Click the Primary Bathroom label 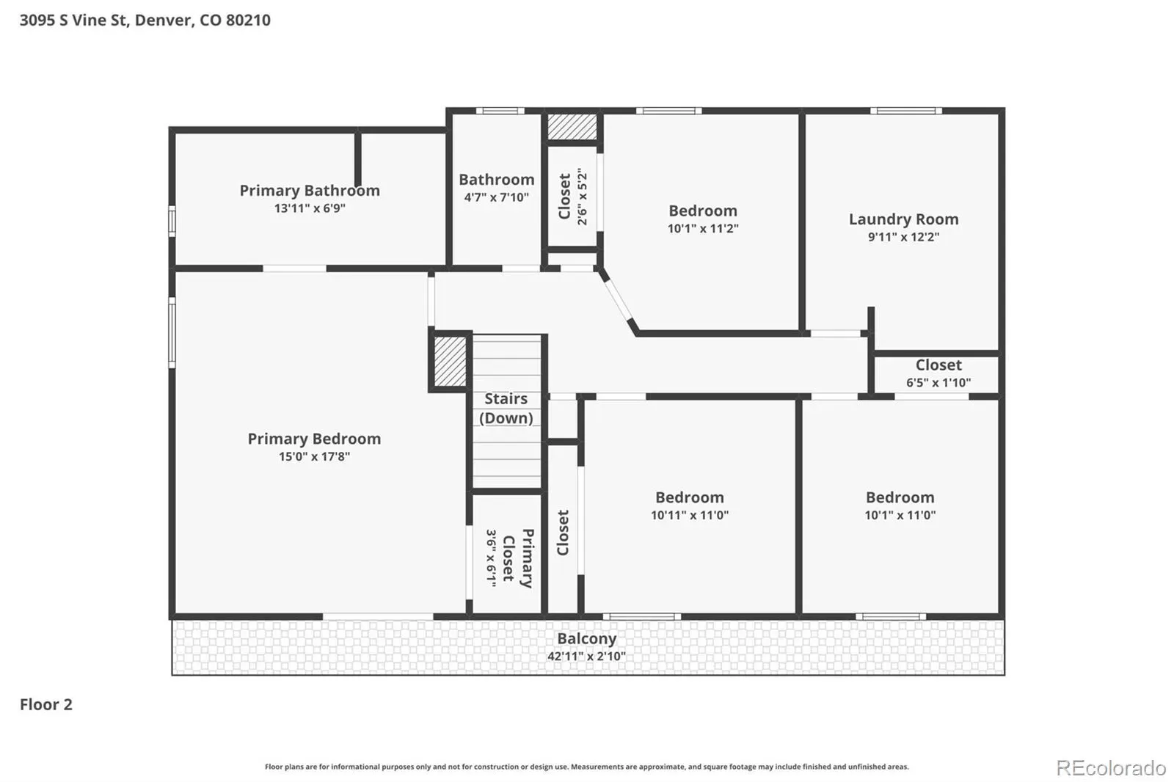tap(310, 190)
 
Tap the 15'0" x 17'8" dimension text tap(315, 456)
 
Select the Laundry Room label tap(903, 219)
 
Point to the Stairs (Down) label tap(506, 409)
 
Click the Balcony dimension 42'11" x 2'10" tap(586, 657)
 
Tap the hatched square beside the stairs tap(450, 362)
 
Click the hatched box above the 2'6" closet tap(572, 127)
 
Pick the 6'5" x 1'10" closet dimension tap(938, 383)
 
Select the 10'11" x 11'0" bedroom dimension tap(690, 515)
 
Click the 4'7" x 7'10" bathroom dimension tap(496, 197)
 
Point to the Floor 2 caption tap(46, 704)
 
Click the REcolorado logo tap(1111, 768)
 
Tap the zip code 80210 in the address tap(249, 20)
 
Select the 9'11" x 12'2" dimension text tap(903, 237)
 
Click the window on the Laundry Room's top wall tap(906, 111)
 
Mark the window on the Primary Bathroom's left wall tap(172, 222)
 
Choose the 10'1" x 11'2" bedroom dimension tap(703, 229)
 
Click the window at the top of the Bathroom tap(500, 111)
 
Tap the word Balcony tap(586, 639)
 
